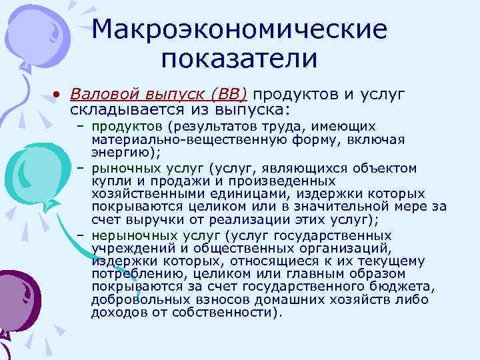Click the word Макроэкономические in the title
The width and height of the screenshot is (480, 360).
[240, 29]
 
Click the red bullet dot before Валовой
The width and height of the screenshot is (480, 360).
[59, 94]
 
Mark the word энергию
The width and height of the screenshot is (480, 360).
[118, 152]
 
